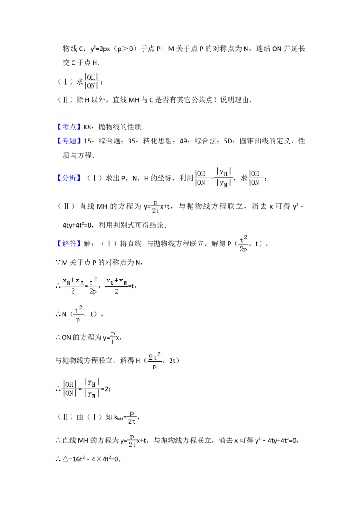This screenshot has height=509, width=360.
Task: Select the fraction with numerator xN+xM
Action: [x=73, y=284]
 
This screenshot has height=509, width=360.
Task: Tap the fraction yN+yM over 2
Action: [x=117, y=285]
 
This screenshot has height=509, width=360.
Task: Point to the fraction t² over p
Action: [x=79, y=313]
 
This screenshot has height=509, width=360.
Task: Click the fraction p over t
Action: [x=113, y=336]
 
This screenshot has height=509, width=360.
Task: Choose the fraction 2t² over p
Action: [x=155, y=360]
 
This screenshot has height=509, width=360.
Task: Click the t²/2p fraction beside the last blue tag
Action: [x=244, y=244]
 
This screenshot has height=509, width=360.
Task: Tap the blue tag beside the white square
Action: [x=70, y=127]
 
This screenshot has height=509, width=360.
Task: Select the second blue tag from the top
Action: [x=70, y=142]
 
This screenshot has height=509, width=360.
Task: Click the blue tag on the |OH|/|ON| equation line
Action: [x=70, y=179]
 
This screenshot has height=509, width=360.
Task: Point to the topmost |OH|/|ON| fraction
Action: [x=92, y=81]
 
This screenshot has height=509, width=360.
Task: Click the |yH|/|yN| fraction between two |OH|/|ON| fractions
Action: [x=223, y=178]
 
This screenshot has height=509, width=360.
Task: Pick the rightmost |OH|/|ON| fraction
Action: [x=256, y=178]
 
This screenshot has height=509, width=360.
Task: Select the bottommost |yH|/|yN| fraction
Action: [x=92, y=388]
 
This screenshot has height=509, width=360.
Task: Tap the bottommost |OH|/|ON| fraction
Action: [x=69, y=388]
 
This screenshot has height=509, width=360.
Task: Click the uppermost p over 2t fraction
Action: [x=155, y=205]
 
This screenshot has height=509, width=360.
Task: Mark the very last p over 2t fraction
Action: [x=133, y=441]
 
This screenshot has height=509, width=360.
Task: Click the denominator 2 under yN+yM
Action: [x=117, y=291]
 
